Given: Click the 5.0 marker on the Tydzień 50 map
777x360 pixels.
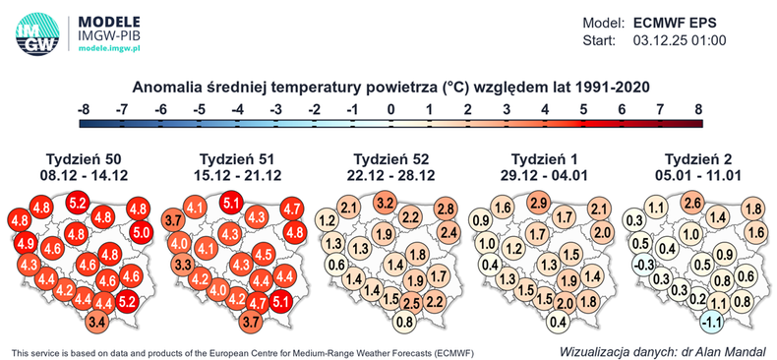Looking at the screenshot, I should point(141,232).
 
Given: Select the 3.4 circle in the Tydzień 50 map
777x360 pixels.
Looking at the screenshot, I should point(96,321).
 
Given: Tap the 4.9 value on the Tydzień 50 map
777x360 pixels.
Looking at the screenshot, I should point(27,243).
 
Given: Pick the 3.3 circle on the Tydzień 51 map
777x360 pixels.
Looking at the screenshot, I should point(183,265).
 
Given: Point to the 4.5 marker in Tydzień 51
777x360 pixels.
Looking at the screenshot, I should point(263,253).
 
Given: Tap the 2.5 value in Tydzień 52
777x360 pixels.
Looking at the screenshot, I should point(411,302).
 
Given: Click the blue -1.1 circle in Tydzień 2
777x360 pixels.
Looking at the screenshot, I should point(711,321).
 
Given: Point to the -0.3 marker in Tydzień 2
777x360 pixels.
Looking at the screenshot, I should point(642,265).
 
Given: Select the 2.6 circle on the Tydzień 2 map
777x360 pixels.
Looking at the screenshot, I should point(692,204).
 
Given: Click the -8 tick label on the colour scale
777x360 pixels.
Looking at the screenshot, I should point(85,108).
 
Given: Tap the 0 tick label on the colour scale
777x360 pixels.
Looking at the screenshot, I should point(391,108).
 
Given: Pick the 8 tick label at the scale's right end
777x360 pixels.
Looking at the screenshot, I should point(698,108).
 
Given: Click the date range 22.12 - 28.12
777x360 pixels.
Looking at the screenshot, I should point(390,175).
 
